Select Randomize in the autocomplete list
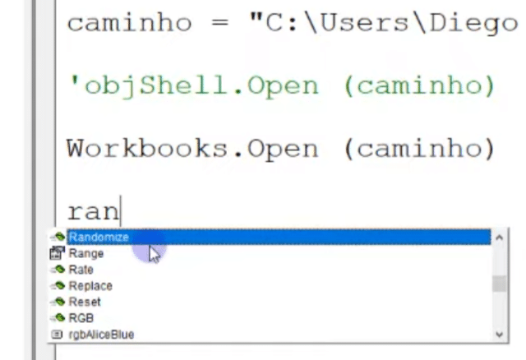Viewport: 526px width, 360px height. [x=99, y=238]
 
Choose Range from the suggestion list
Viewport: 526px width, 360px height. [x=85, y=254]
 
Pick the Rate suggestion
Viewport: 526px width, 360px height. [x=81, y=270]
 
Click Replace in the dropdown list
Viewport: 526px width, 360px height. [x=90, y=286]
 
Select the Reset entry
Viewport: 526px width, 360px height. [x=85, y=302]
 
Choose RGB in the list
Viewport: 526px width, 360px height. [x=81, y=318]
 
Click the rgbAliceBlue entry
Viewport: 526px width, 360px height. [x=101, y=335]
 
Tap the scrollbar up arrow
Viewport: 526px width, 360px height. [x=499, y=238]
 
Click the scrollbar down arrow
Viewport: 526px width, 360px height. [x=499, y=335]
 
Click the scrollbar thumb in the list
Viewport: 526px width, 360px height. [x=499, y=284]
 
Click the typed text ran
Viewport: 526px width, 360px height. [x=93, y=211]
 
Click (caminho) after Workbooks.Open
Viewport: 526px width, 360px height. [x=419, y=149]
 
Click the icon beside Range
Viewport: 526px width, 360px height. [x=57, y=254]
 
